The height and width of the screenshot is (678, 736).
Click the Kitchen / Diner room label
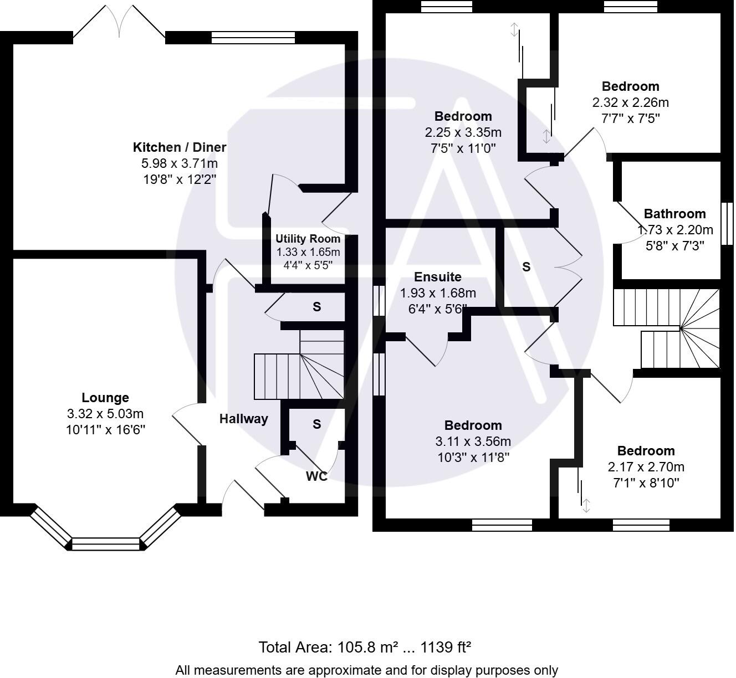pos(180,147)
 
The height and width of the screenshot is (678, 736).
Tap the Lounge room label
pos(105,398)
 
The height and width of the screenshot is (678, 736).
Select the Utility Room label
pos(308,239)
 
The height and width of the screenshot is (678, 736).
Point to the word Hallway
pos(243,419)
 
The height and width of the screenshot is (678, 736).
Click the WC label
pos(316,476)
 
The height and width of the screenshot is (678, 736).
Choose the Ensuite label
pos(438,277)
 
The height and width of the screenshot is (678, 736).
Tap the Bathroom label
pos(674,214)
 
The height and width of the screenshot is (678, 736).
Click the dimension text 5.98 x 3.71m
pos(180,163)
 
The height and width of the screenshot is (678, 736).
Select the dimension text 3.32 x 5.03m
pos(105,414)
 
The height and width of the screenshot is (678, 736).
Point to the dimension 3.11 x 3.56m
pos(473,441)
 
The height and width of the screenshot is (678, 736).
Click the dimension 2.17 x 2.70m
pos(646,467)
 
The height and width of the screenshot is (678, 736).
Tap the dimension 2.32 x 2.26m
pos(631,102)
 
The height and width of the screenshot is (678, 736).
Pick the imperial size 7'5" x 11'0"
pos(463,148)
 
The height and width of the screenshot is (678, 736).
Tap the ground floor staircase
pos(299,368)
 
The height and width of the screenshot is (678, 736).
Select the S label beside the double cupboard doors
pos(526,267)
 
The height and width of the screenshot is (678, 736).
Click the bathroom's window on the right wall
pos(727,223)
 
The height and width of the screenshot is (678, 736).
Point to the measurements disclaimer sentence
pos(367,670)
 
